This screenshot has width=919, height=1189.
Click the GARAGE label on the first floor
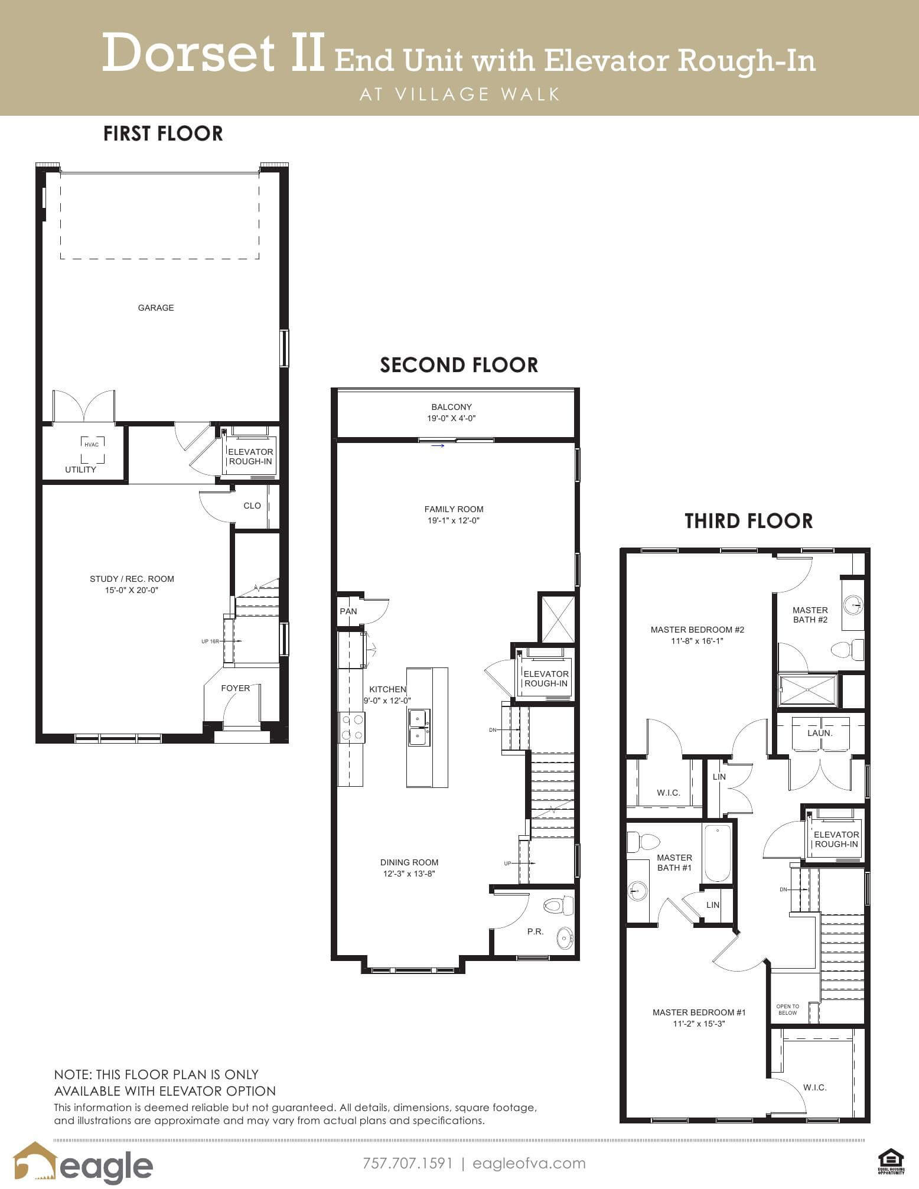[x=156, y=308]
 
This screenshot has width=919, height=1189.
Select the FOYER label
[x=235, y=688]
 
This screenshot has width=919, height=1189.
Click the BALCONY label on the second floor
[x=452, y=407]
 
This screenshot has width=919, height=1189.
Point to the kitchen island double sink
[x=419, y=728]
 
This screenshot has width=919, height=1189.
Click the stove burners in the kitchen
[x=351, y=727]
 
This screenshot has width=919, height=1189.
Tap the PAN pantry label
[x=348, y=611]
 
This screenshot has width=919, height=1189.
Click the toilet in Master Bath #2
[x=848, y=650]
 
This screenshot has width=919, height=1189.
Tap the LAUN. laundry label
[x=820, y=733]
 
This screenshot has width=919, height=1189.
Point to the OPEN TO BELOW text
[x=788, y=1009]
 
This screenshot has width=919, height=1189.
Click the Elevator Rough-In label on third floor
[x=836, y=839]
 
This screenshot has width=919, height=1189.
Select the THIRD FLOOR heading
[x=749, y=521]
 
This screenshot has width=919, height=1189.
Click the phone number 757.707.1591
[x=408, y=1163]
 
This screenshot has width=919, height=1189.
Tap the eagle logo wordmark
[x=106, y=1165]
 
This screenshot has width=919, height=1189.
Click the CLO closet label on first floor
[x=252, y=506]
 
